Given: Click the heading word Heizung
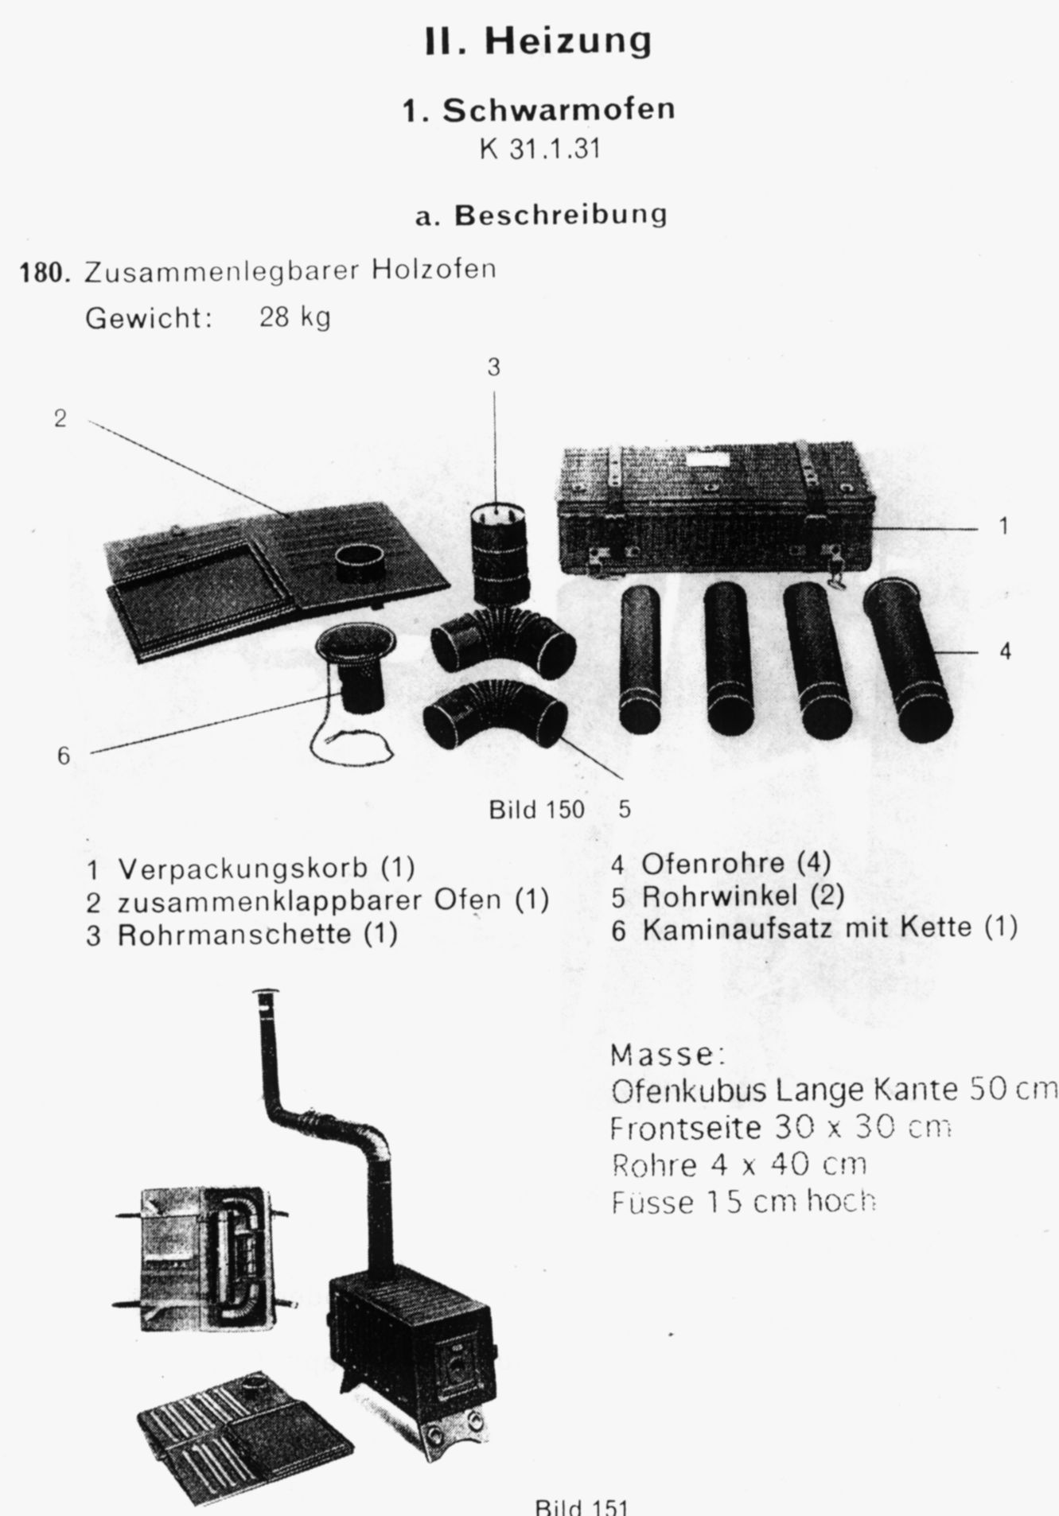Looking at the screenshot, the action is [x=568, y=40].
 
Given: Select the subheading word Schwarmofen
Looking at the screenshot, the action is [x=558, y=110].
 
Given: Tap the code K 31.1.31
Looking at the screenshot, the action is [x=539, y=150].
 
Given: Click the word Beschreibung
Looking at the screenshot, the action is [x=560, y=216].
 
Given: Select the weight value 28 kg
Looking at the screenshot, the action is [x=294, y=318].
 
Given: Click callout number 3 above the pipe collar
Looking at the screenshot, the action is [x=494, y=367].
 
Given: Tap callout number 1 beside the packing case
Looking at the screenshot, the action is [x=1003, y=526].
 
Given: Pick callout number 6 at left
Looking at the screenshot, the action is [x=64, y=756].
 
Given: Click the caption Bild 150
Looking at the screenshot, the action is [x=536, y=810].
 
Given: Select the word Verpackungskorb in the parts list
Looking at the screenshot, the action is [x=243, y=868].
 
